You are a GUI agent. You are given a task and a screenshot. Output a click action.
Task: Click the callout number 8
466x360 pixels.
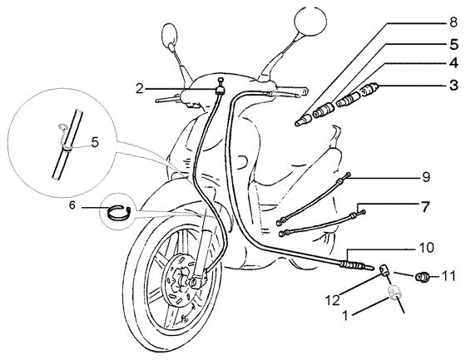click(x=453, y=22)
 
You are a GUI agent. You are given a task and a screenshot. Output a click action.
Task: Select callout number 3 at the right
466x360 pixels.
click(x=454, y=85)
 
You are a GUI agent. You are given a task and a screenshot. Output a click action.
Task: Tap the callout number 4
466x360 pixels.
click(x=454, y=63)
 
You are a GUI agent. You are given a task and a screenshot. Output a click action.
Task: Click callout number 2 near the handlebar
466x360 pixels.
click(x=140, y=88)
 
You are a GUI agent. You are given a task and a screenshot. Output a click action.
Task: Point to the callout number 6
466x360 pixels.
click(x=72, y=205)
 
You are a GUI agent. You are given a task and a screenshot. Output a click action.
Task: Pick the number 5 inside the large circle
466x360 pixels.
click(x=95, y=142)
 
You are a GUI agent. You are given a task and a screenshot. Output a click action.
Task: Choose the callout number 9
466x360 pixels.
click(x=426, y=177)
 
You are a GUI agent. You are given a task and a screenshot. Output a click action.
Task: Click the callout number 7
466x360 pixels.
click(x=426, y=207)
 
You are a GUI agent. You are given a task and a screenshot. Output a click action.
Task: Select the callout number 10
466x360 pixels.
click(x=426, y=247)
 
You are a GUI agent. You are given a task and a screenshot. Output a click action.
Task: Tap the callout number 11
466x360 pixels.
click(x=449, y=276)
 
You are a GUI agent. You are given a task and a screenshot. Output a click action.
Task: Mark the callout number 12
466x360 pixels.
click(x=333, y=301)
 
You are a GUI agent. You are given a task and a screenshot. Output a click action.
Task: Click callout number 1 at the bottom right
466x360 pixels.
click(x=345, y=315)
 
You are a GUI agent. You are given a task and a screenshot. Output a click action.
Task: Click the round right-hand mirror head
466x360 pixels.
click(x=310, y=19)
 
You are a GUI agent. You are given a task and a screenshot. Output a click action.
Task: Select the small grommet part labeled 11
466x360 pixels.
click(x=423, y=277)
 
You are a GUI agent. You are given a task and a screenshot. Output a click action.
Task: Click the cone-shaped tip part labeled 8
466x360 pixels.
click(x=303, y=121)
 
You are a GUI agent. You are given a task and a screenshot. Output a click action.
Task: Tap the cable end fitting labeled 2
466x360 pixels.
click(x=221, y=87)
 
